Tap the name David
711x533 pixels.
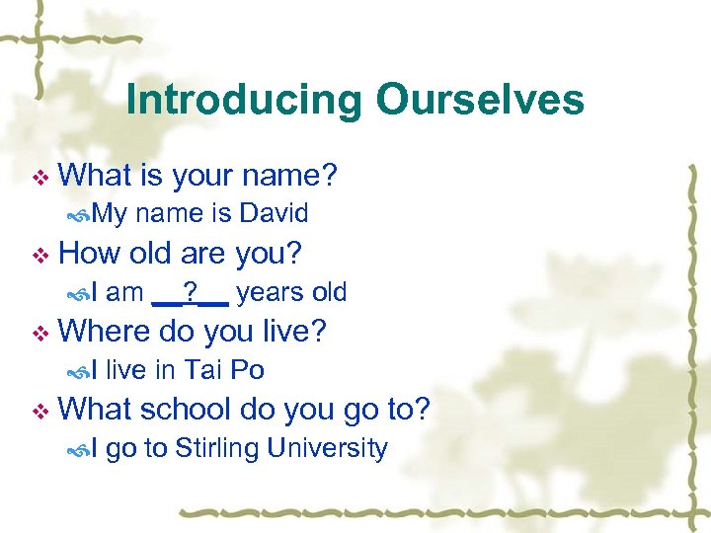pos(275,212)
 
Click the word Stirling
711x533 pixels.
pos(217,448)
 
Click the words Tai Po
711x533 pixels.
pos(224,370)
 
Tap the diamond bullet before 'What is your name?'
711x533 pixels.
pos(39,178)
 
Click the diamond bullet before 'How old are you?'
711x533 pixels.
pos(39,255)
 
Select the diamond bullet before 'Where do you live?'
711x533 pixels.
pos(39,333)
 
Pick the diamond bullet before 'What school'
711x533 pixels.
pos(39,411)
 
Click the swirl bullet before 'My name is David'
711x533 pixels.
pos(82,213)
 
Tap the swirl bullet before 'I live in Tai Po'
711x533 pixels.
pos(82,371)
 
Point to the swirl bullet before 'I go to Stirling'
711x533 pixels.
pos(82,449)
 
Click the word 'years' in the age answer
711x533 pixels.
pos(262,291)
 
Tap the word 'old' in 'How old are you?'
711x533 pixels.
pos(150,253)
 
